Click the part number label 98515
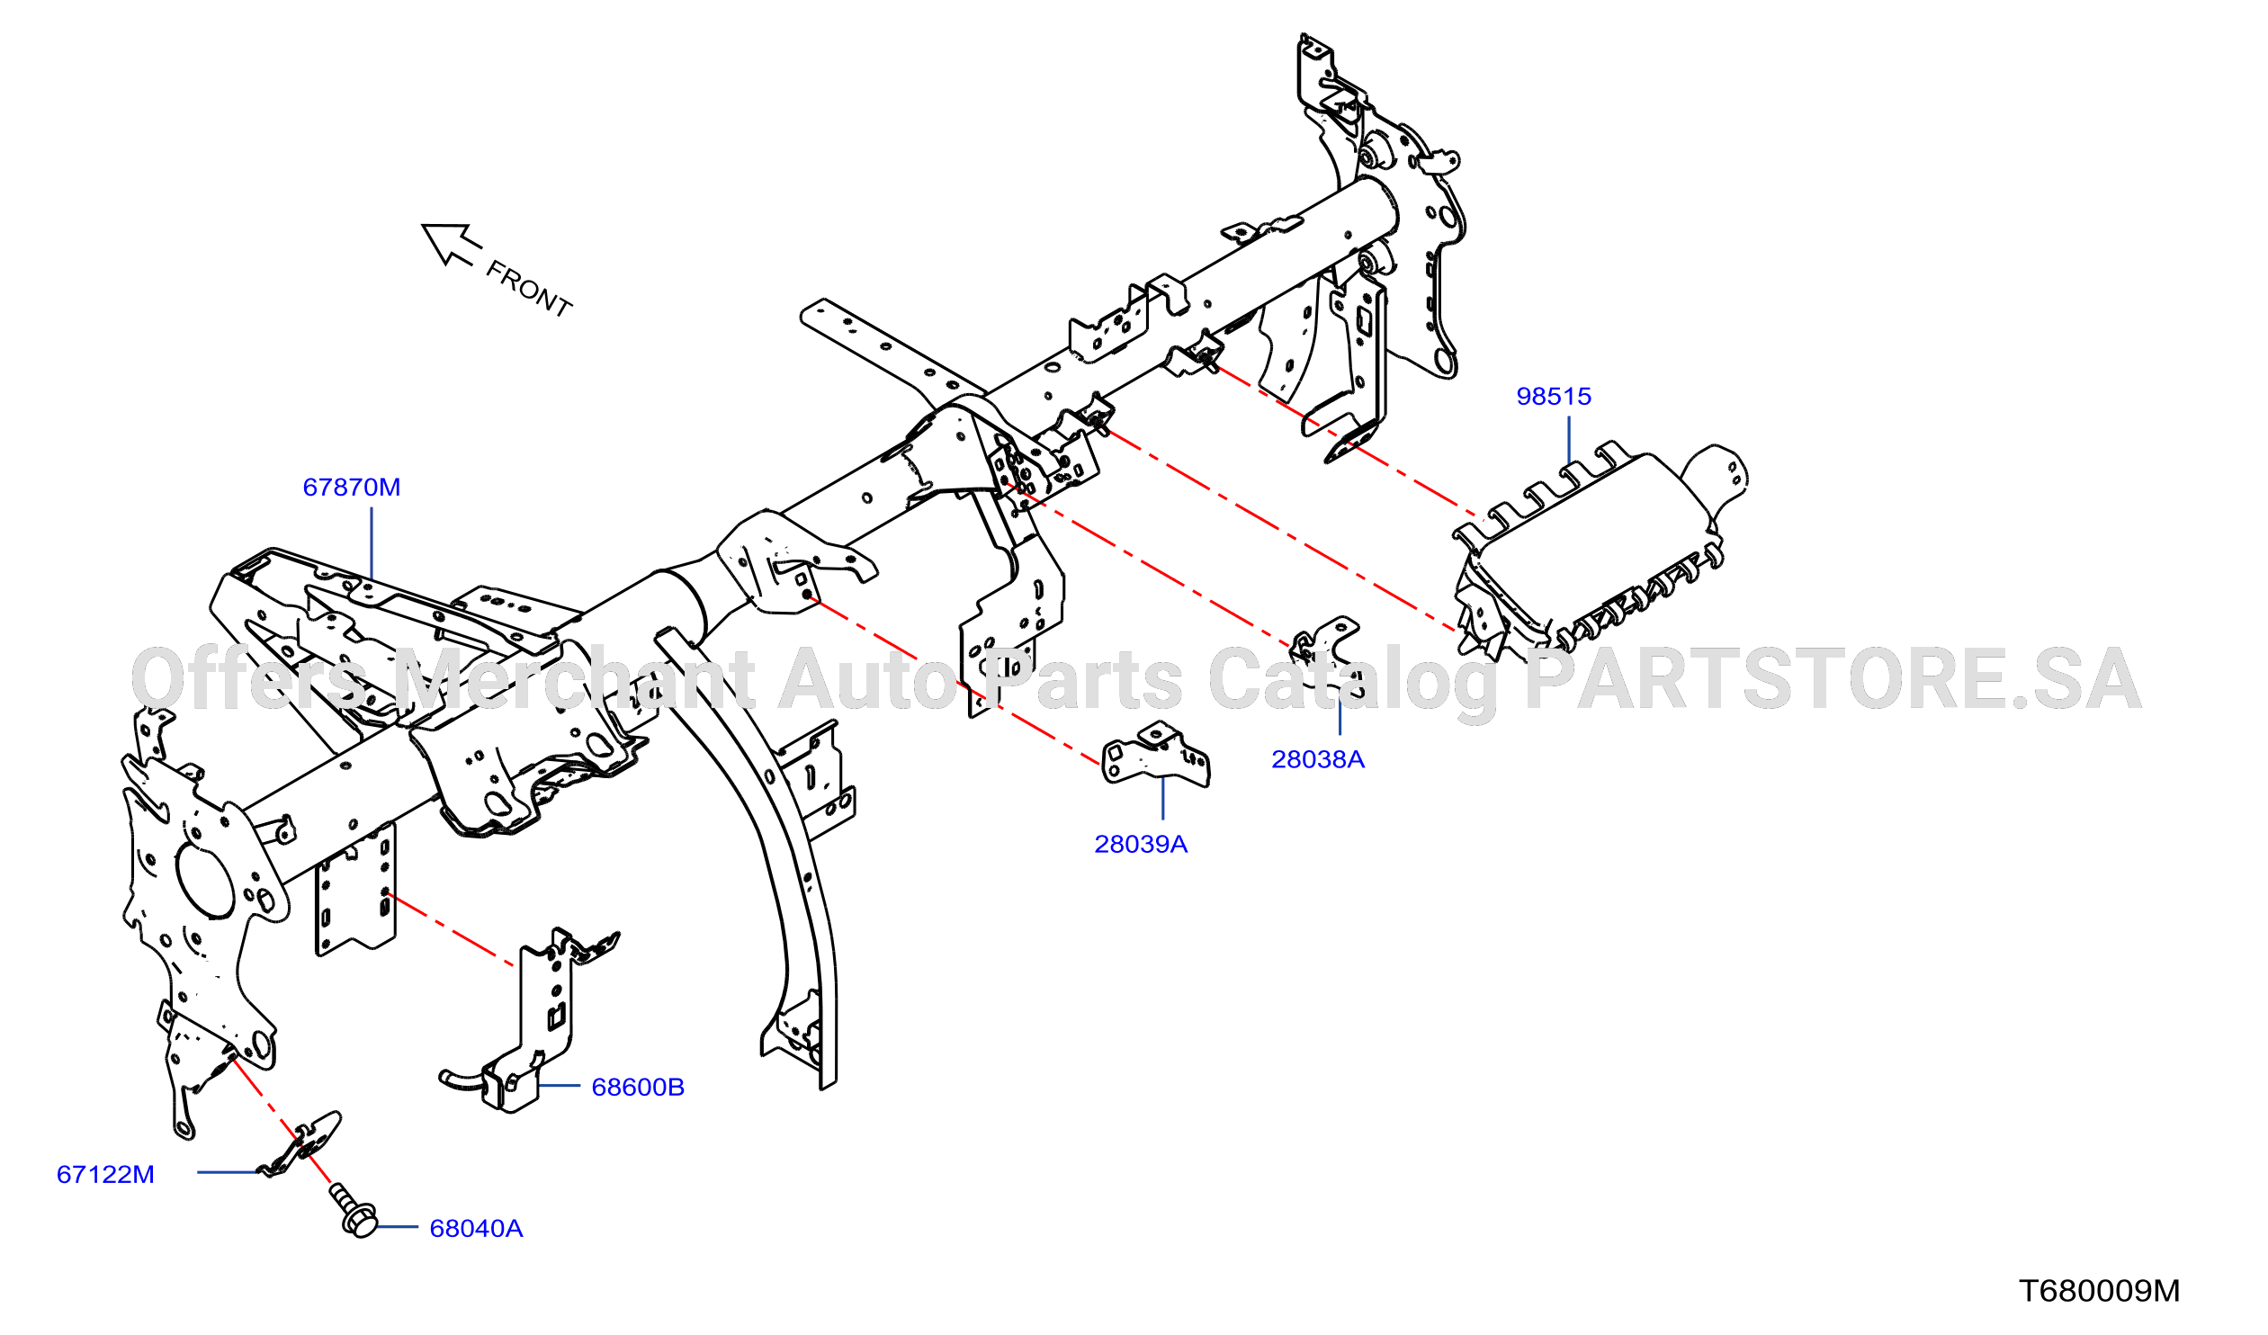click(x=1554, y=396)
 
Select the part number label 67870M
click(x=352, y=487)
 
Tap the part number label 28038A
click(x=1318, y=759)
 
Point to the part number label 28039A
click(x=1141, y=844)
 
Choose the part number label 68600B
click(x=637, y=1087)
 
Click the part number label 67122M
click(x=105, y=1174)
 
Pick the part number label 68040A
click(x=476, y=1228)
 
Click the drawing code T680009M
click(x=2100, y=1291)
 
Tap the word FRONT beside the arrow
click(x=528, y=289)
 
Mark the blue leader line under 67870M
click(x=372, y=542)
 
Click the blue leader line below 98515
click(x=1569, y=440)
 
